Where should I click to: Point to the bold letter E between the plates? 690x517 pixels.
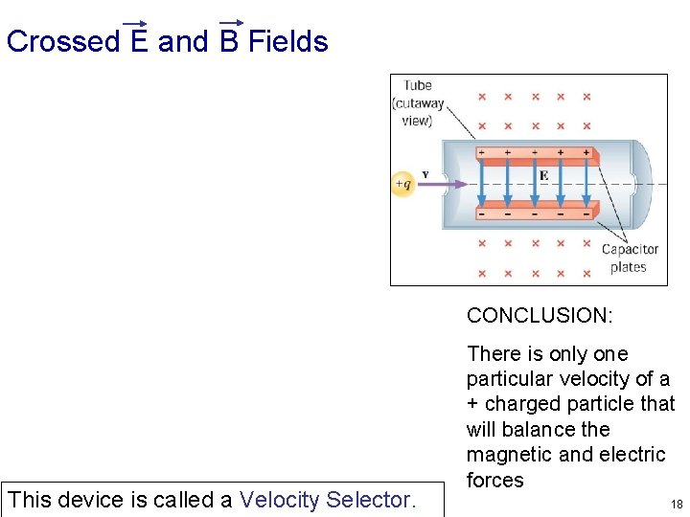pyautogui.click(x=543, y=176)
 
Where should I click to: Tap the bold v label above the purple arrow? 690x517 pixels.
pyautogui.click(x=425, y=173)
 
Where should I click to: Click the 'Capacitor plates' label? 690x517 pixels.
pyautogui.click(x=630, y=258)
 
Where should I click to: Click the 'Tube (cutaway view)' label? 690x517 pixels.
pyautogui.click(x=417, y=103)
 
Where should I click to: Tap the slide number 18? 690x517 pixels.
pyautogui.click(x=677, y=504)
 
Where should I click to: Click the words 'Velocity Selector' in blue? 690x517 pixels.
pyautogui.click(x=326, y=500)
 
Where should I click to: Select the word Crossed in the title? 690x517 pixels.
pyautogui.click(x=63, y=42)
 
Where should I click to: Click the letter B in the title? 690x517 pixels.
pyautogui.click(x=229, y=42)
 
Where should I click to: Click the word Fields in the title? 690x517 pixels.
pyautogui.click(x=287, y=42)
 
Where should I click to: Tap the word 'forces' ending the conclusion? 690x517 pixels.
pyautogui.click(x=495, y=481)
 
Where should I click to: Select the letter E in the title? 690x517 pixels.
pyautogui.click(x=139, y=42)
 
